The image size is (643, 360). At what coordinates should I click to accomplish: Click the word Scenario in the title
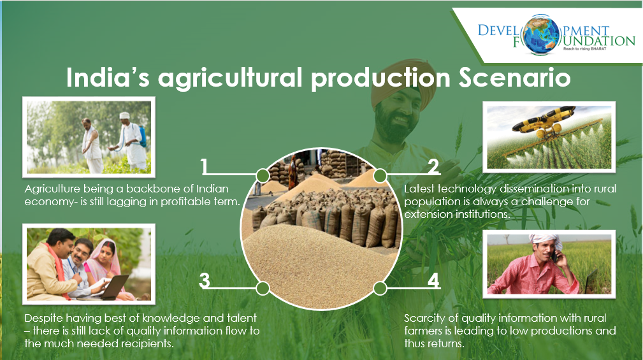515,77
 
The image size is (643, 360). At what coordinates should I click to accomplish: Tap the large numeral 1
204,167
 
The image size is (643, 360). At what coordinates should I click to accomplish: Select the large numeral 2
433,167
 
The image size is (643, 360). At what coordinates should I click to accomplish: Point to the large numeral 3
204,280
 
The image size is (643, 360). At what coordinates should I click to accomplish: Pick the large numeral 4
434,280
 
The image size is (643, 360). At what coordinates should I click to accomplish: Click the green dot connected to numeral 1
263,176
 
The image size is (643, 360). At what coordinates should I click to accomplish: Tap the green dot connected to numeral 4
380,288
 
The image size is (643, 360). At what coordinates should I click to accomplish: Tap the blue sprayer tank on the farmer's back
142,136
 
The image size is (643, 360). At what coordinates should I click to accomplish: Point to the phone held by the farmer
554,257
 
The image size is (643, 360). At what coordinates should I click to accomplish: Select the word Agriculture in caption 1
52,189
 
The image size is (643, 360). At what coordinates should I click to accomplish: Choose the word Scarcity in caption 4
424,318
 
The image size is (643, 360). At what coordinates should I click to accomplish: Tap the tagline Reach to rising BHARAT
584,49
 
